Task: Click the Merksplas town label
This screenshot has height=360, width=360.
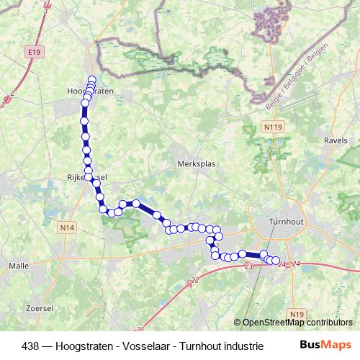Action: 196,163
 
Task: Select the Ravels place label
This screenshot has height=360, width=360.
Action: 336,141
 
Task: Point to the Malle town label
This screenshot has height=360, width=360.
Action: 18,265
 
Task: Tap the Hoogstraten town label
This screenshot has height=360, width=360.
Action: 89,91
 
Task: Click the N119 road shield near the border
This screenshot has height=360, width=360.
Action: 271,127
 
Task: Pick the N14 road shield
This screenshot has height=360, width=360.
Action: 68,228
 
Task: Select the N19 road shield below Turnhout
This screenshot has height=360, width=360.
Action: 298,314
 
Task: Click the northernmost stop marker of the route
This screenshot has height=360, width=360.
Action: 91,80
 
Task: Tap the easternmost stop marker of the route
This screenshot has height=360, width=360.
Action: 275,261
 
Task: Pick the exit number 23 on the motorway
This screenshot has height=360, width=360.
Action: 248,267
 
